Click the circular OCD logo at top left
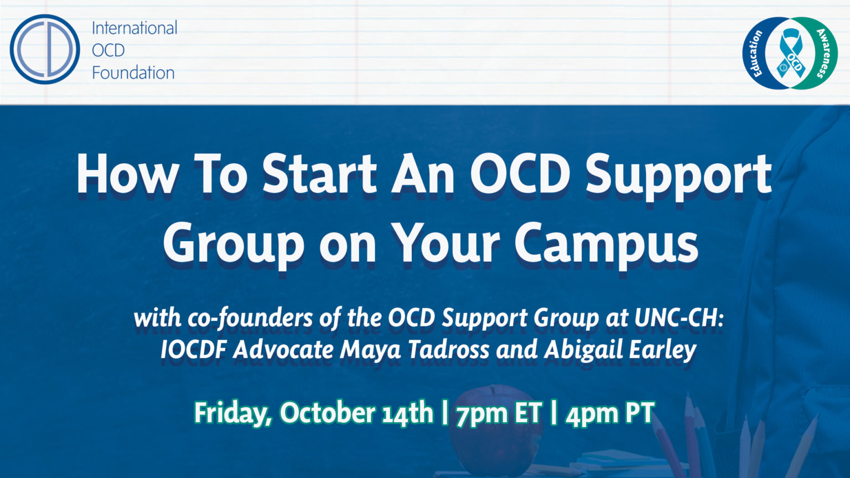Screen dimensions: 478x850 [x=44, y=49]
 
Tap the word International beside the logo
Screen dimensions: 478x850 [x=134, y=28]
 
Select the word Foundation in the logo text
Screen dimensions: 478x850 [x=133, y=72]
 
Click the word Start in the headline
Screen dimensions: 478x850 [x=320, y=174]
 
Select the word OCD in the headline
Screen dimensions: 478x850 [x=520, y=174]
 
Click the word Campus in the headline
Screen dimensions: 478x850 [x=606, y=243]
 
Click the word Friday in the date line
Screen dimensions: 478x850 [x=233, y=413]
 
